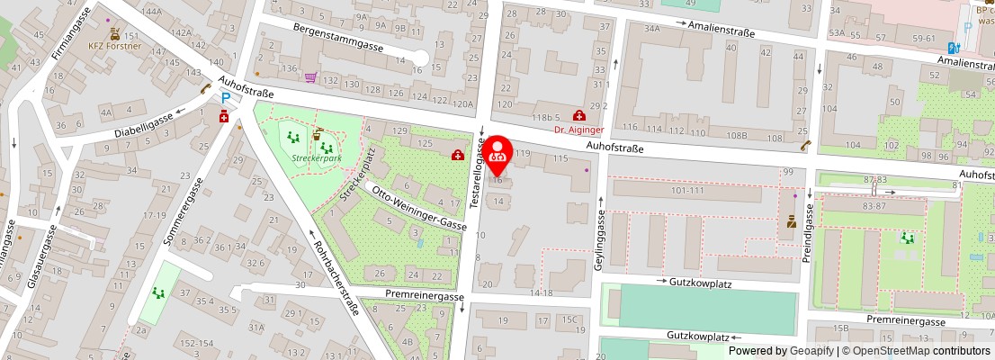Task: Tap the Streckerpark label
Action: [317, 158]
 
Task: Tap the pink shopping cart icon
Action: [310, 78]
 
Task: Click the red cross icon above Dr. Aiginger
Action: [578, 115]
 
